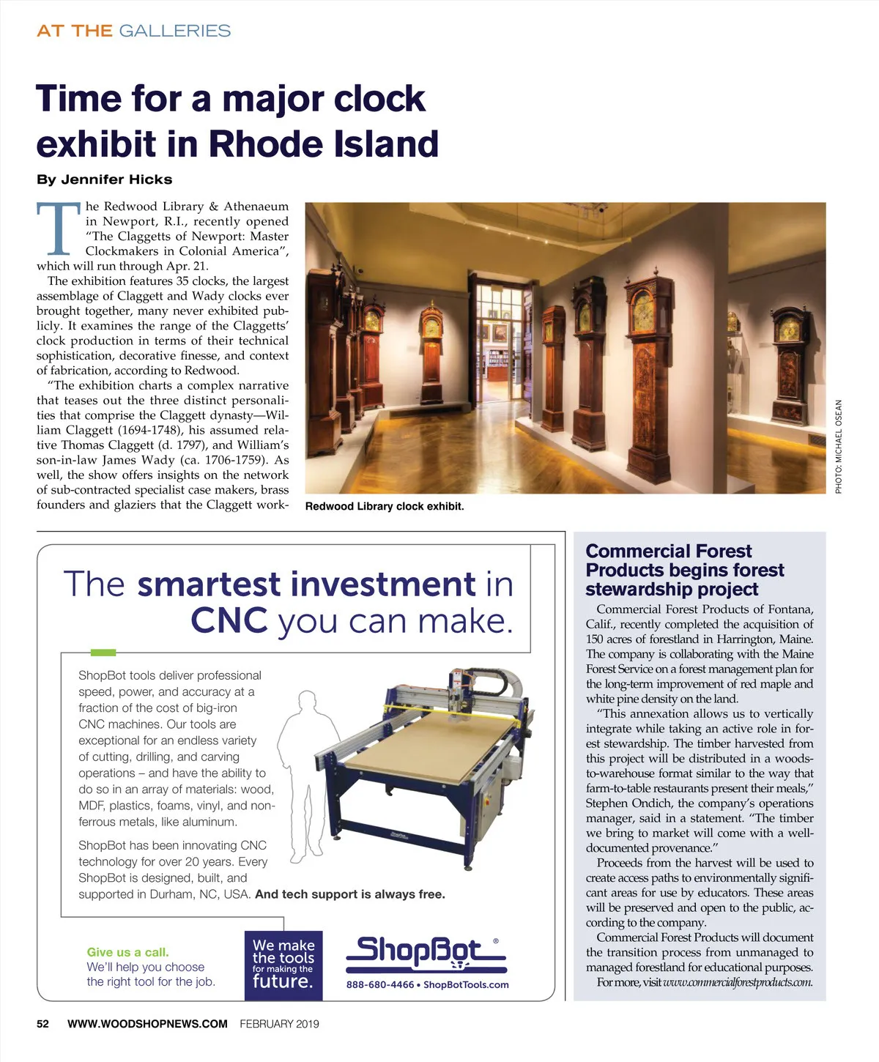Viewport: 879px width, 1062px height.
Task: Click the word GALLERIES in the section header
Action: point(174,31)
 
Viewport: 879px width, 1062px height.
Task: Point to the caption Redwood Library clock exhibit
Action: point(384,506)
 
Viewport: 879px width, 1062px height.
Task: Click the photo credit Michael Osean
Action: point(839,446)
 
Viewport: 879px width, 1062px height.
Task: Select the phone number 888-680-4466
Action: point(380,985)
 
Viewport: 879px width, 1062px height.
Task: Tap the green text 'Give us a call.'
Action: point(127,952)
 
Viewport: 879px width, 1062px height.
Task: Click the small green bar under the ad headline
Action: point(103,651)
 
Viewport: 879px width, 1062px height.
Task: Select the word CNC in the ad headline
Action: point(229,621)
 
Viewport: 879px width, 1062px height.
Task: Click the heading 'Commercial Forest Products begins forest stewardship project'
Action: point(684,570)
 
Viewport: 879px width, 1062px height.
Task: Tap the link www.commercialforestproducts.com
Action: point(738,982)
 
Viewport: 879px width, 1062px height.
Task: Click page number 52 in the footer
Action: point(43,1024)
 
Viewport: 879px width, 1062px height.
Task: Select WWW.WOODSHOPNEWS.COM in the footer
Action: point(147,1024)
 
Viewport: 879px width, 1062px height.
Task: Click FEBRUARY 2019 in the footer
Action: point(279,1024)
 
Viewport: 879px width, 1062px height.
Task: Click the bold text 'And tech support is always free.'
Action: point(349,894)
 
